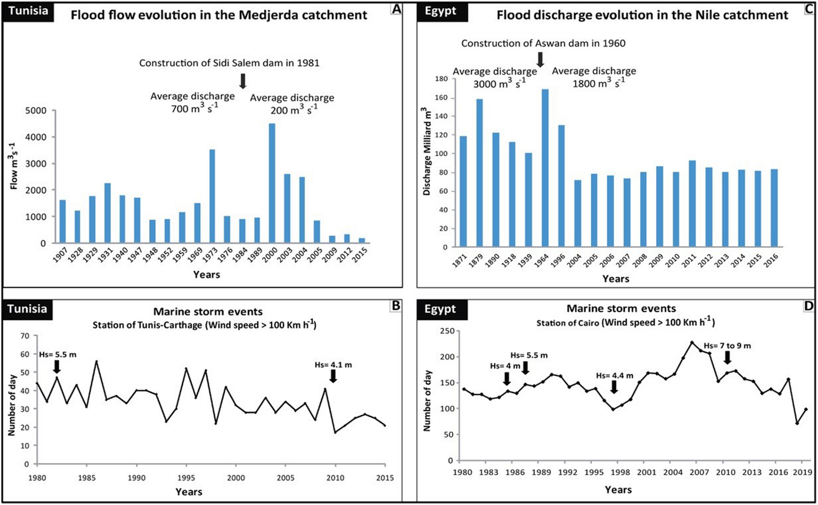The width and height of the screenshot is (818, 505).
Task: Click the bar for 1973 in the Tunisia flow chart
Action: click(212, 196)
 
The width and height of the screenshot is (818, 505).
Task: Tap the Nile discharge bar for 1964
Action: click(545, 168)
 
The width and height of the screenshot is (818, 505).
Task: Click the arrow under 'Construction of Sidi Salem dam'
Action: click(243, 81)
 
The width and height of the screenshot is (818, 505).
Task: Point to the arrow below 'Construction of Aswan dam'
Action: click(540, 60)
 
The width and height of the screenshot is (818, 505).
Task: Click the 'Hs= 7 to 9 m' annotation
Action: click(727, 346)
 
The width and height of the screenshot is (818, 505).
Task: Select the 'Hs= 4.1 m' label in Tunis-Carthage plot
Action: click(333, 365)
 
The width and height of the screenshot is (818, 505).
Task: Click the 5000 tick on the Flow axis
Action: click(36, 111)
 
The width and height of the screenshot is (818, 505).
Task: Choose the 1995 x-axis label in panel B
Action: click(186, 478)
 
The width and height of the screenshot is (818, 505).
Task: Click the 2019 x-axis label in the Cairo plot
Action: click(802, 472)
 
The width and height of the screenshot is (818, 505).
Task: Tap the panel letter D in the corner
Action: click(808, 306)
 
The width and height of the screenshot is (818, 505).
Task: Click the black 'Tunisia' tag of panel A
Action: click(28, 11)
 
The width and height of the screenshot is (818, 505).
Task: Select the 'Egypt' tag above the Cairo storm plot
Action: click(440, 309)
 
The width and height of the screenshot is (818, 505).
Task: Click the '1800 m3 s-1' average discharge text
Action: click(598, 83)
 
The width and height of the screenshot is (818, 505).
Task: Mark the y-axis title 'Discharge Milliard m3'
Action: click(426, 151)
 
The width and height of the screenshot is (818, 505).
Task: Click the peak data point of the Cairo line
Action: click(692, 342)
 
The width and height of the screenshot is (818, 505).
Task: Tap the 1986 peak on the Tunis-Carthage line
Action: click(96, 361)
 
